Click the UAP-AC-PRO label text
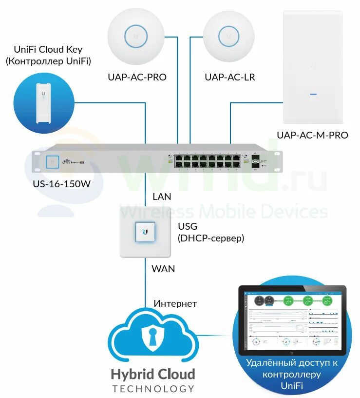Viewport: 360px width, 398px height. [x=137, y=77]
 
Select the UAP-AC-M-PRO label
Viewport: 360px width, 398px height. [x=312, y=135]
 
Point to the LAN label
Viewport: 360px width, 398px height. [x=162, y=197]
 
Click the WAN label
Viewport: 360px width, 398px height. [x=163, y=269]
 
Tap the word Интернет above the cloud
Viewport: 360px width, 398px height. [x=175, y=304]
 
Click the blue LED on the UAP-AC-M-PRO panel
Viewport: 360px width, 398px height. [x=313, y=93]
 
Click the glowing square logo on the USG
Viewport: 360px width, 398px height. [x=145, y=231]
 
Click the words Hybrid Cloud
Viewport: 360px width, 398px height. [x=153, y=375]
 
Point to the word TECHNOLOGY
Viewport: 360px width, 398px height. [x=153, y=389]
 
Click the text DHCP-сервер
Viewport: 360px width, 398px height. [x=210, y=239]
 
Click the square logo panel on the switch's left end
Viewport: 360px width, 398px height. [x=52, y=161]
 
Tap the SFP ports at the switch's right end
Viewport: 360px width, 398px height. [x=256, y=161]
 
